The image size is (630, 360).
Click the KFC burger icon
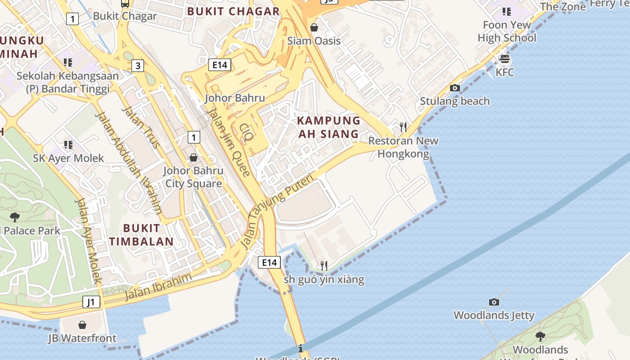pos(505,59)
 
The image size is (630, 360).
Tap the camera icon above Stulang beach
pos(455,88)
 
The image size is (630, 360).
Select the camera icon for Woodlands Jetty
pos(494,302)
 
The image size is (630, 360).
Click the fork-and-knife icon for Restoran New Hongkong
pos(403,127)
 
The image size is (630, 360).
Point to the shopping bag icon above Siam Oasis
pos(314,27)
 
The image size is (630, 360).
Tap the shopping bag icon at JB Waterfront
pos(82,325)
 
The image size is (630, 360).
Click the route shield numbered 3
pos(138,66)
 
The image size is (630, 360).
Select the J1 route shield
pos(91,302)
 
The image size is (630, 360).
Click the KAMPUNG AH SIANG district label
pos(328,127)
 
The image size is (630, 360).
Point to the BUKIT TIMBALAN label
pos(141,235)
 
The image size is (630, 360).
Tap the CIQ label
pos(247,133)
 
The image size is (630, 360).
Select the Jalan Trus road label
pos(141,127)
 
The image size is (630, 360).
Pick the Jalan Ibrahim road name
pos(158,286)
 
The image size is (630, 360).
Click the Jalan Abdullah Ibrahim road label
pos(129,162)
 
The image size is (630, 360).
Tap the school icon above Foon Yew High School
pos(507,12)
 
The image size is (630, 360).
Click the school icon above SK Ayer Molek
pos(68,145)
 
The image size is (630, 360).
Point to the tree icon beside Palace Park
pos(14,217)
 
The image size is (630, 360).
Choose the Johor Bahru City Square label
pos(193,177)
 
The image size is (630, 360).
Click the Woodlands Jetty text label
pos(494,315)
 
